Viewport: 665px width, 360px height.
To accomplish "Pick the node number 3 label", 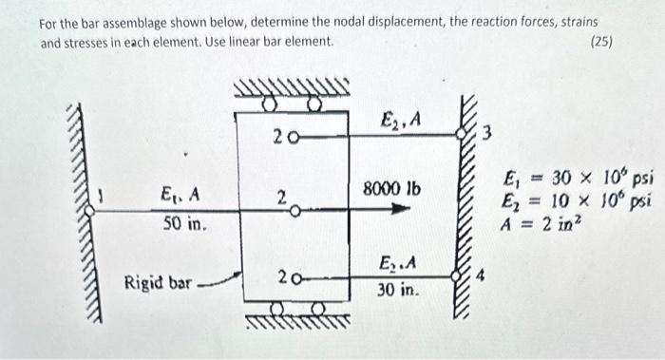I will coord(486,133).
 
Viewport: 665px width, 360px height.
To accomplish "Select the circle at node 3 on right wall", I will coord(465,136).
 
